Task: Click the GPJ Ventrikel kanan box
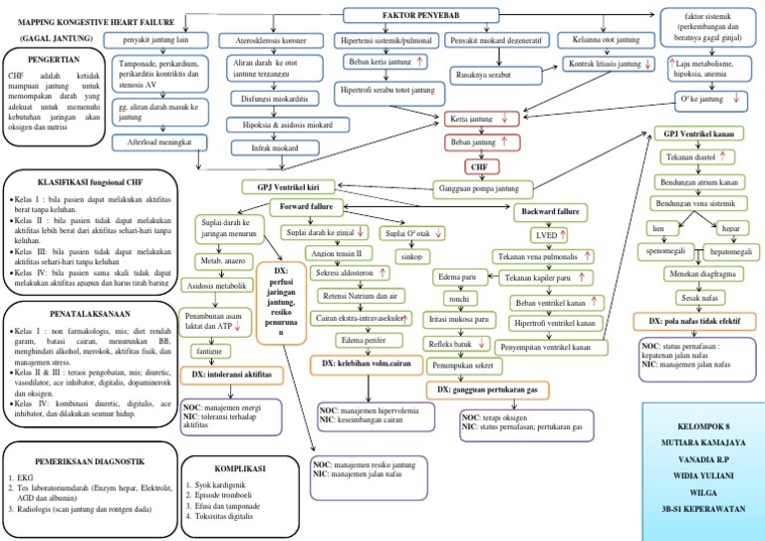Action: pyautogui.click(x=705, y=135)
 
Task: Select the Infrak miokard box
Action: pyautogui.click(x=273, y=147)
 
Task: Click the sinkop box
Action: pyautogui.click(x=410, y=256)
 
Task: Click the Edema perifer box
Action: pyautogui.click(x=365, y=341)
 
